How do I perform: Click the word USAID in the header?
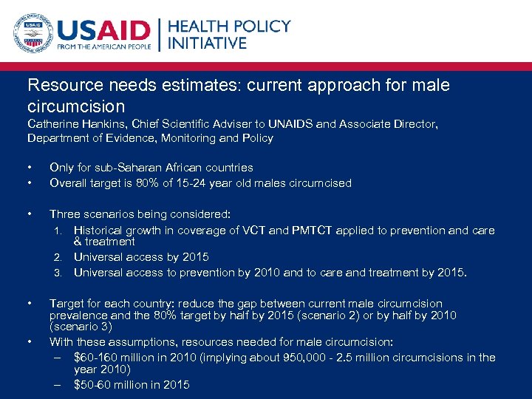tap(103, 33)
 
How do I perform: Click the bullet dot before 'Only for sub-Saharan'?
tap(29, 168)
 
